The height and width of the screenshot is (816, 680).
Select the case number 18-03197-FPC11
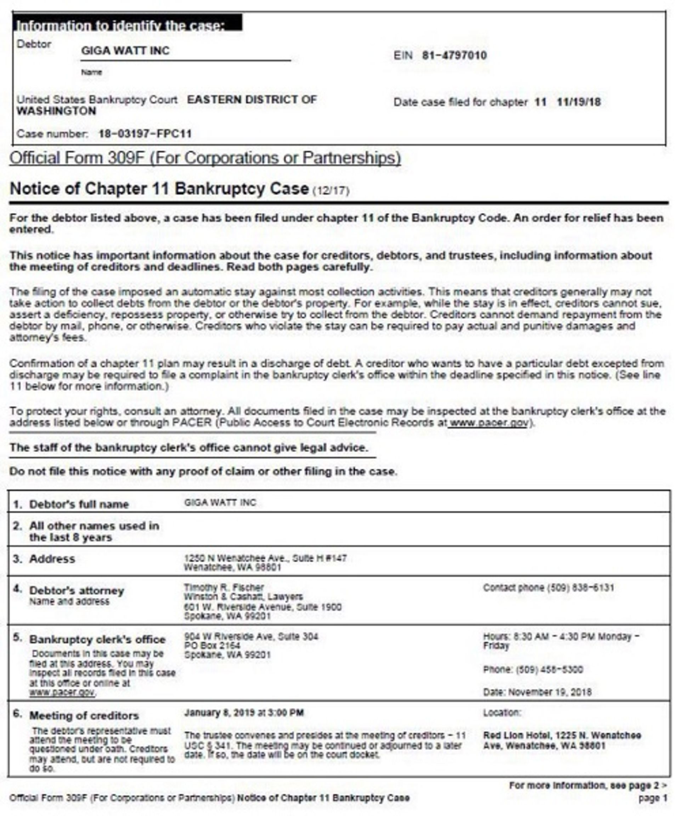(x=145, y=134)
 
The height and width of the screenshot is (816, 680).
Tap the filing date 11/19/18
(x=579, y=102)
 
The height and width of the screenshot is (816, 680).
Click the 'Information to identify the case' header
(x=120, y=25)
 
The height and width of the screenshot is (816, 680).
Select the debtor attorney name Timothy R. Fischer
(x=224, y=587)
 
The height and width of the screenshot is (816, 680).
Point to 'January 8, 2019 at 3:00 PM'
(x=244, y=713)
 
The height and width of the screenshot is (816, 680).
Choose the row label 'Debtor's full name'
(x=79, y=504)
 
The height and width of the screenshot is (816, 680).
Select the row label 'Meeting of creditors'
(x=84, y=716)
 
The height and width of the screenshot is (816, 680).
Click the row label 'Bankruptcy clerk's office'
(x=97, y=640)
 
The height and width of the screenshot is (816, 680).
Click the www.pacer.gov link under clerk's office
(x=62, y=692)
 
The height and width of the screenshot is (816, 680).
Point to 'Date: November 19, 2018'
(x=537, y=692)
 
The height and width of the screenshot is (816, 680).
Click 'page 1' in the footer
(x=653, y=798)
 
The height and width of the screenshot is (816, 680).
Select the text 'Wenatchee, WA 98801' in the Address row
(x=232, y=568)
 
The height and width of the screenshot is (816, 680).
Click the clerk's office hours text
(x=561, y=641)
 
